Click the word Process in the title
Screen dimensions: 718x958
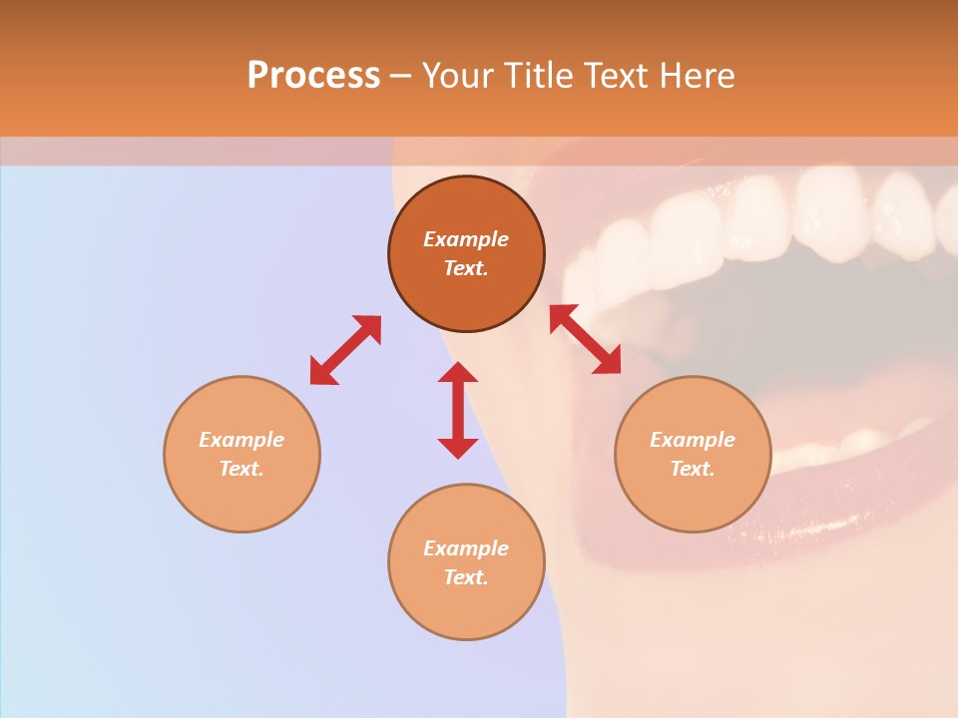click(313, 76)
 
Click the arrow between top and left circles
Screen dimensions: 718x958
click(345, 350)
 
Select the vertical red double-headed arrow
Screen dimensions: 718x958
click(458, 410)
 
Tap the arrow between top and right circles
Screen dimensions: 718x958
click(586, 339)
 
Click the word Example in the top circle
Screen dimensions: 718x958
click(466, 239)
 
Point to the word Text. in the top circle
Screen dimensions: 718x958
click(466, 268)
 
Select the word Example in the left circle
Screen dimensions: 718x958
click(241, 440)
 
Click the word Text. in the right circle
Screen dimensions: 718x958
click(693, 469)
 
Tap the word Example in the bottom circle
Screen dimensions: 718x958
click(466, 548)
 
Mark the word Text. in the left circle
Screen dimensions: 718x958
click(241, 469)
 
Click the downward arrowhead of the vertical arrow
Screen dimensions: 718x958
click(458, 448)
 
